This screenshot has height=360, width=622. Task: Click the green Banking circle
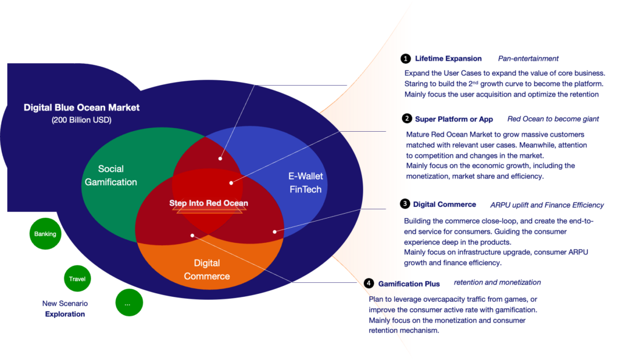45,234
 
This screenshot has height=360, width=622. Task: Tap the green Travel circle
77,278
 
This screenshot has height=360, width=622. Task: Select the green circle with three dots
129,302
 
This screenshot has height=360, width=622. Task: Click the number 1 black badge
405,59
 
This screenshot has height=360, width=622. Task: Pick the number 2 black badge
406,118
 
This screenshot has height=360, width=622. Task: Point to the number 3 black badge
405,204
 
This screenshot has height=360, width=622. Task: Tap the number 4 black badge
369,283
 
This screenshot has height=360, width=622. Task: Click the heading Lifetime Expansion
448,59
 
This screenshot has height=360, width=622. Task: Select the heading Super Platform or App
454,119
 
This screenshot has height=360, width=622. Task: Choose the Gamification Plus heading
409,284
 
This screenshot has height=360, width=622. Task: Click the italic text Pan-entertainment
528,59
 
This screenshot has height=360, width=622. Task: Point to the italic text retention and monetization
497,282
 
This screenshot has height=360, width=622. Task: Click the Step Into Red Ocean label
209,203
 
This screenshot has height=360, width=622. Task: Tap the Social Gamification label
111,175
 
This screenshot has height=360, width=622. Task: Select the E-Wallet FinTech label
306,183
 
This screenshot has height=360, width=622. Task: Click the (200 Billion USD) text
81,120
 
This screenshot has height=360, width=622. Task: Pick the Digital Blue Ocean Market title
81,107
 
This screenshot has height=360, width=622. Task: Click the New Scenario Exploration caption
65,308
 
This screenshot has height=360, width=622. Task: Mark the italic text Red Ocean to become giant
553,119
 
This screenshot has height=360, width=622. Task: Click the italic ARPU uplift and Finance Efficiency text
547,205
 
